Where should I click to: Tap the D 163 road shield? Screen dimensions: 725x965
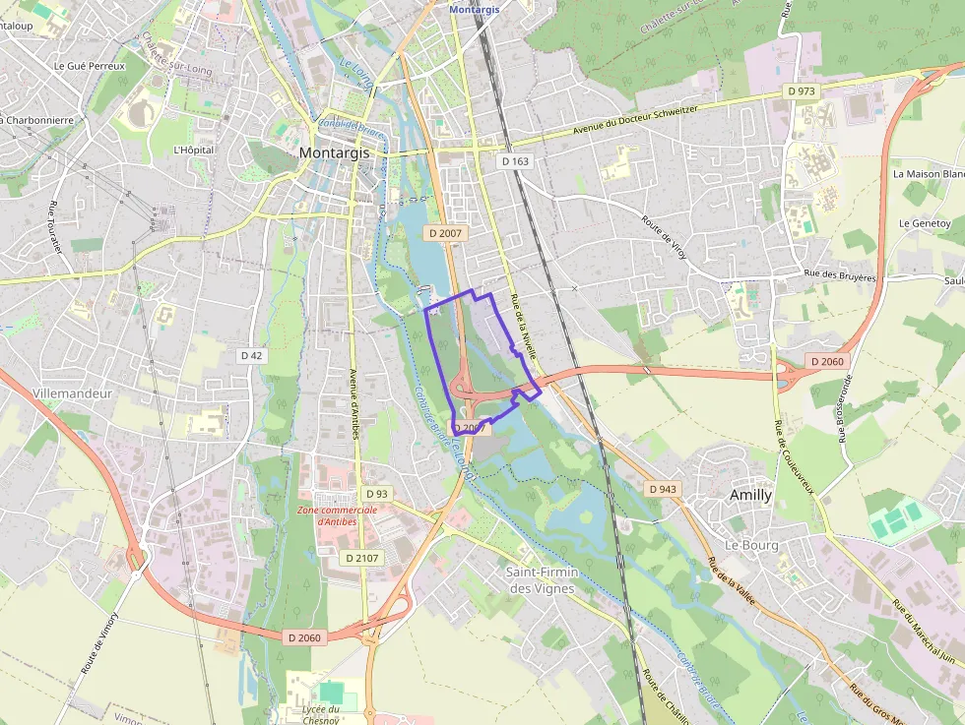[515, 161]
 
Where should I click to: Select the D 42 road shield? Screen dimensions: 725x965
[251, 355]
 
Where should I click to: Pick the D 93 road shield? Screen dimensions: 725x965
[376, 493]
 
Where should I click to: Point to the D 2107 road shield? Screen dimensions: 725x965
[361, 558]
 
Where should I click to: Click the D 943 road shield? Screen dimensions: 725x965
[663, 489]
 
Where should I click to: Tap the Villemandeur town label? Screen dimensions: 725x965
[73, 393]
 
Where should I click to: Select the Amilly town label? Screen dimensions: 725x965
[750, 496]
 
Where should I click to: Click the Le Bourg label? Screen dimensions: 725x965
[751, 545]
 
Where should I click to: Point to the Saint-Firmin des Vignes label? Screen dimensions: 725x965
[541, 579]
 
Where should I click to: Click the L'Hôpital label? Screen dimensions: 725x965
[193, 151]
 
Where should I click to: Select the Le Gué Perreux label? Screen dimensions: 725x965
[89, 66]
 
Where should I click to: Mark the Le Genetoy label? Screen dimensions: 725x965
[924, 223]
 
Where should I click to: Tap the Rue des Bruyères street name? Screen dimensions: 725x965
[839, 275]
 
